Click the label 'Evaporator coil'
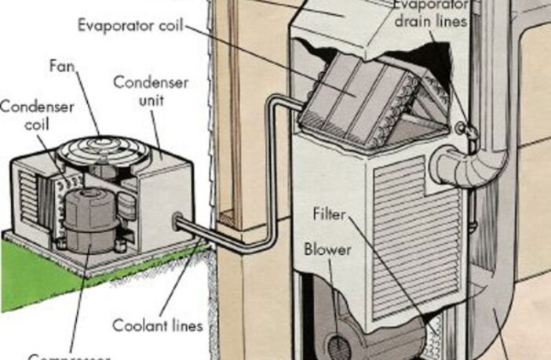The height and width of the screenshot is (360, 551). [130, 25]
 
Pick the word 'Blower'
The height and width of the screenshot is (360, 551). [326, 250]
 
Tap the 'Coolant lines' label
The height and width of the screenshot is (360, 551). [156, 325]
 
